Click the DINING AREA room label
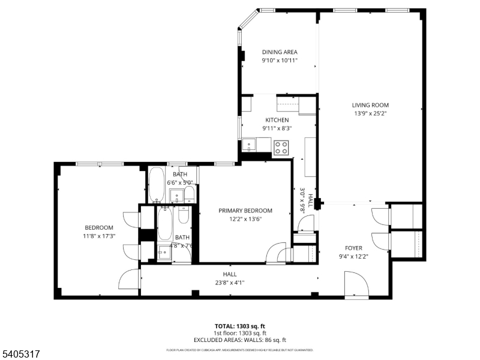[279, 52]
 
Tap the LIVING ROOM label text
[370, 106]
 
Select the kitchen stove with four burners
[281, 146]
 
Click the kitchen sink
[249, 145]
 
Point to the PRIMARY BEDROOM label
[245, 211]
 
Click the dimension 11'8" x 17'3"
[99, 236]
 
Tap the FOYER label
[353, 248]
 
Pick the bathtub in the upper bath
[157, 185]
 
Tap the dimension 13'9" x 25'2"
[370, 114]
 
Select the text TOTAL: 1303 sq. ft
[240, 326]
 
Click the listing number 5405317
[21, 355]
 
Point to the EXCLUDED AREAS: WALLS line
[240, 340]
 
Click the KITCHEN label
[277, 120]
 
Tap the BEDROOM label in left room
[99, 227]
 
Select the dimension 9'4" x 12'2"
[353, 256]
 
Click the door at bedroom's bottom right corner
[130, 280]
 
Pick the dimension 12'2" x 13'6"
[245, 219]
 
